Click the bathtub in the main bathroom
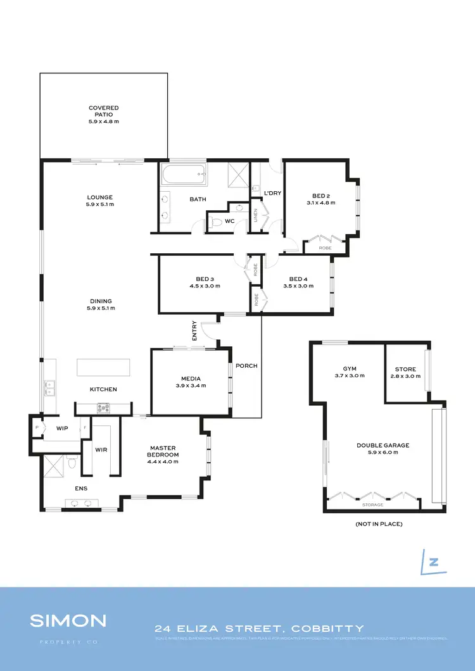[x=184, y=175]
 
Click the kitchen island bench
[x=103, y=368]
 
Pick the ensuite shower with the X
[x=53, y=465]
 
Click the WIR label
[x=101, y=450]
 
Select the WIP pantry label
[x=62, y=429]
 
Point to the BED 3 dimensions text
[x=204, y=286]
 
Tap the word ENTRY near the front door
[x=194, y=331]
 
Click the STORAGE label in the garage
[x=372, y=505]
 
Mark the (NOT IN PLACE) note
[x=379, y=524]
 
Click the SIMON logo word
[x=68, y=620]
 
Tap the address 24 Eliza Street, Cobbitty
[x=260, y=629]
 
